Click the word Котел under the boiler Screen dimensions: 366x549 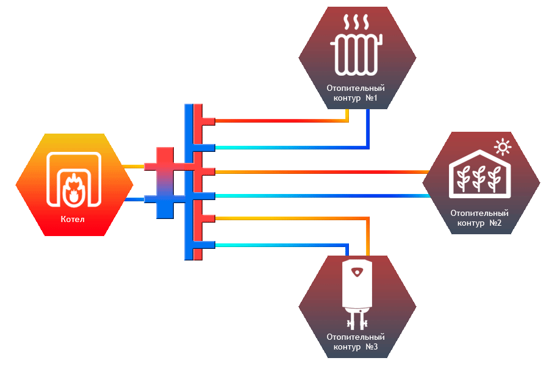coord(73,220)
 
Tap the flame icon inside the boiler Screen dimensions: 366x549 coord(73,188)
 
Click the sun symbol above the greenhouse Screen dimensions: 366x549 coord(503,146)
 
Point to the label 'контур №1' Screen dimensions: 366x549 coord(357,98)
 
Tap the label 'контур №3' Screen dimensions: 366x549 coord(357,346)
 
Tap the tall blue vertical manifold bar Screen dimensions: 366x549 coord(188,183)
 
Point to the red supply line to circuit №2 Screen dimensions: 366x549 coord(317,172)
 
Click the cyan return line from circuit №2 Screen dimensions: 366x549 coord(317,195)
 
